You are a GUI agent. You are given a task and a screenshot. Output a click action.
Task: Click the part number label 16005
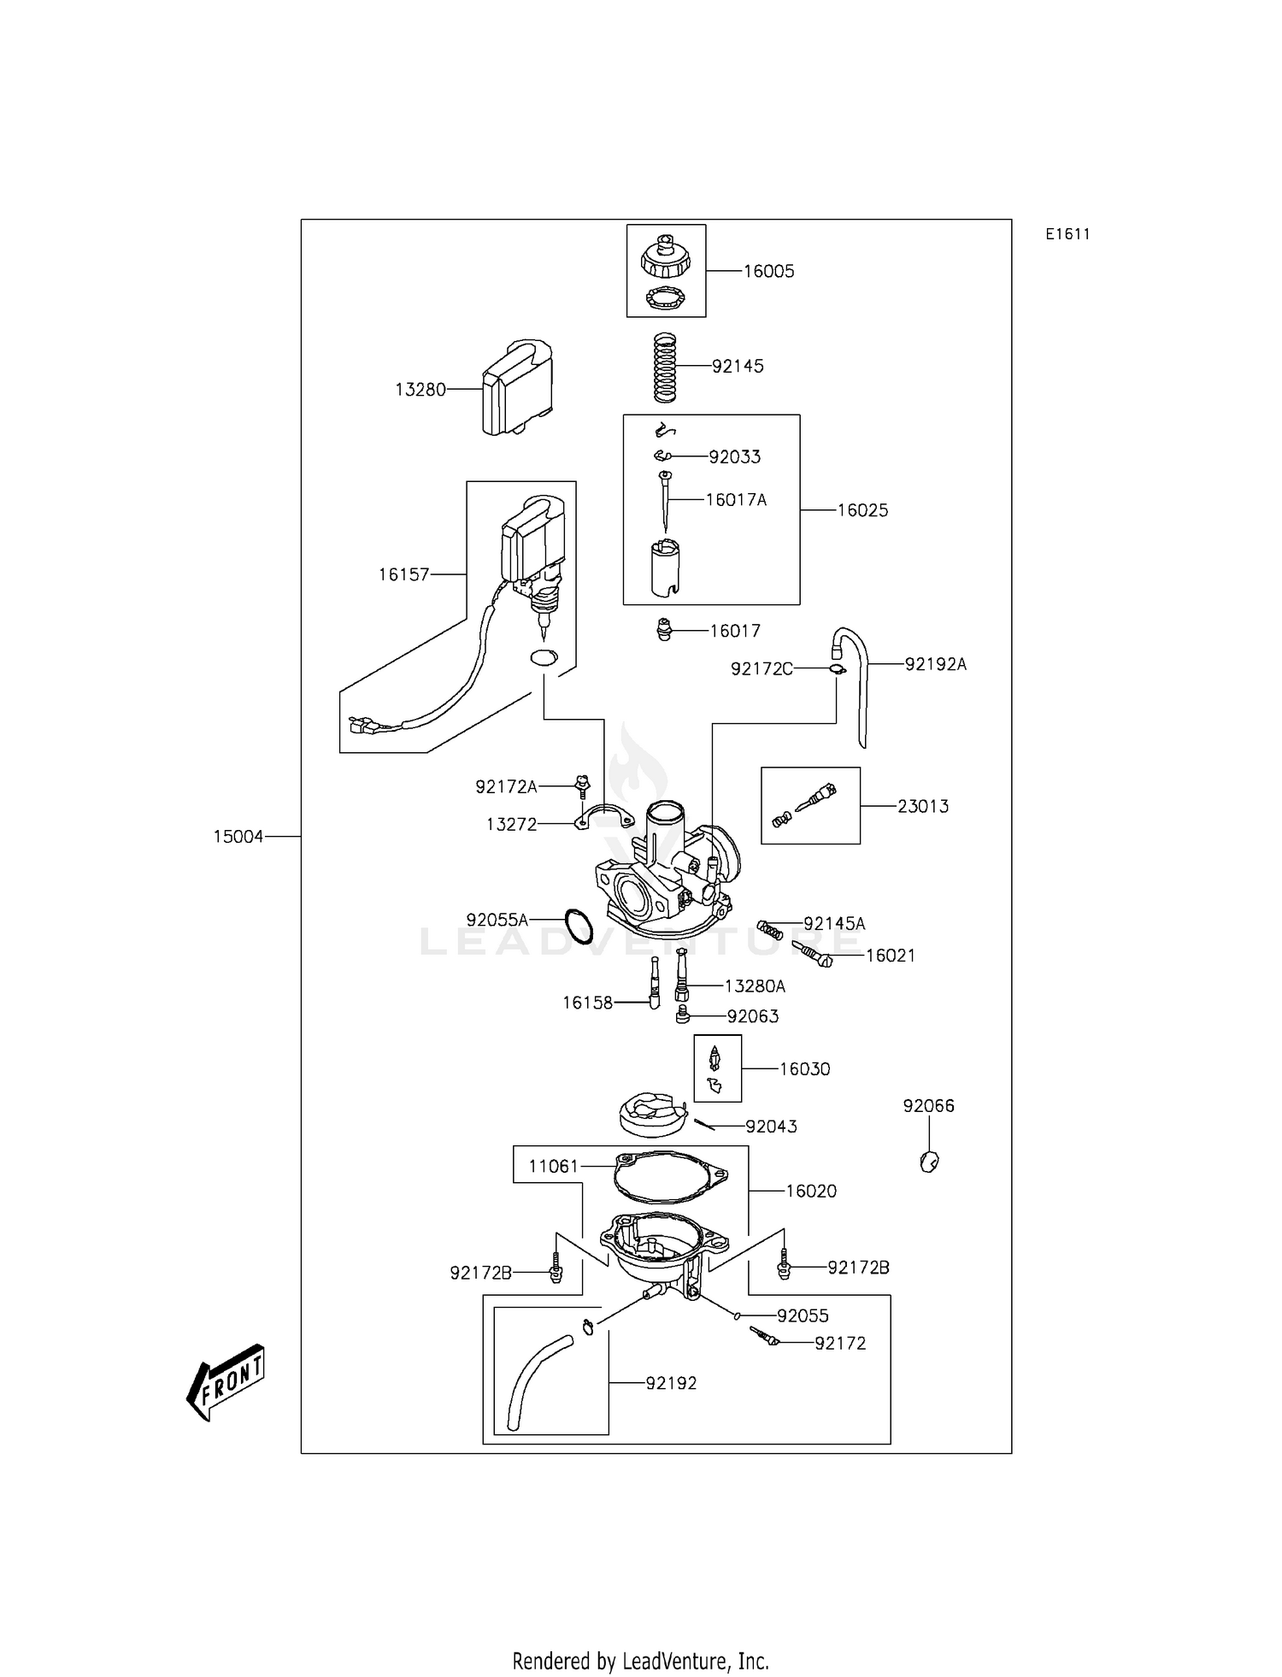768,271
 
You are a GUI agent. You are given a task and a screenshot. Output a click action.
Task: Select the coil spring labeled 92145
665,368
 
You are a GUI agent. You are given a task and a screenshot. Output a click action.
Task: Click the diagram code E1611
1067,234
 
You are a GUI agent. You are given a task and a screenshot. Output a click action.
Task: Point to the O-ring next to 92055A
579,927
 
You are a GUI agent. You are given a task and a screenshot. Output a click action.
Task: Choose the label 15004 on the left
238,837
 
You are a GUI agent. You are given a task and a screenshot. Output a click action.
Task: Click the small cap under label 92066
929,1162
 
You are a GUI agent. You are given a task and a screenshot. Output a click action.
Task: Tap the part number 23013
922,806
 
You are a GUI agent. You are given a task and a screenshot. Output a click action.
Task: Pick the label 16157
403,574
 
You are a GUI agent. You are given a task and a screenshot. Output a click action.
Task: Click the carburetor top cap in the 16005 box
664,260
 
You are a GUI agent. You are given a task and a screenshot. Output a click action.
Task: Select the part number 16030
804,1068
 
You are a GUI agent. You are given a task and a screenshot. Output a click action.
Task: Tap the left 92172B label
480,1273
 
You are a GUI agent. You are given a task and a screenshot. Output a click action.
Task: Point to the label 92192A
935,664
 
